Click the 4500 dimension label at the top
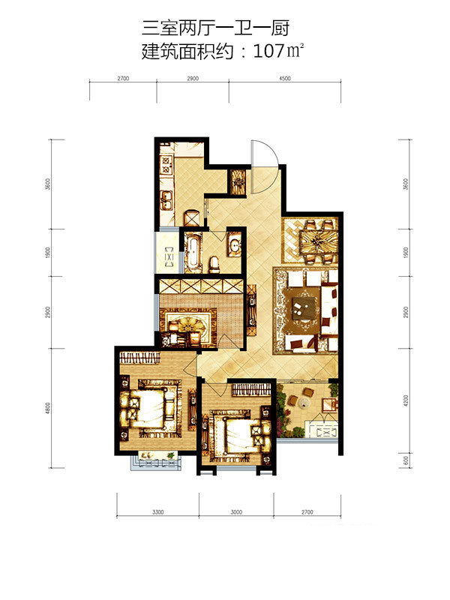point(285,78)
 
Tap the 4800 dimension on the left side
point(47,408)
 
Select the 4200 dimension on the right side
point(406,401)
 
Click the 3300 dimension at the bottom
point(157,512)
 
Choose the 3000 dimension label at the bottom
point(236,512)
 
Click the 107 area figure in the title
point(268,51)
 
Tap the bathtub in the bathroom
point(193,251)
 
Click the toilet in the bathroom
point(214,265)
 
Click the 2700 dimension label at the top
point(123,78)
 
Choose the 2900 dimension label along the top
point(193,78)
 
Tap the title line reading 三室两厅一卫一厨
point(216,28)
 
